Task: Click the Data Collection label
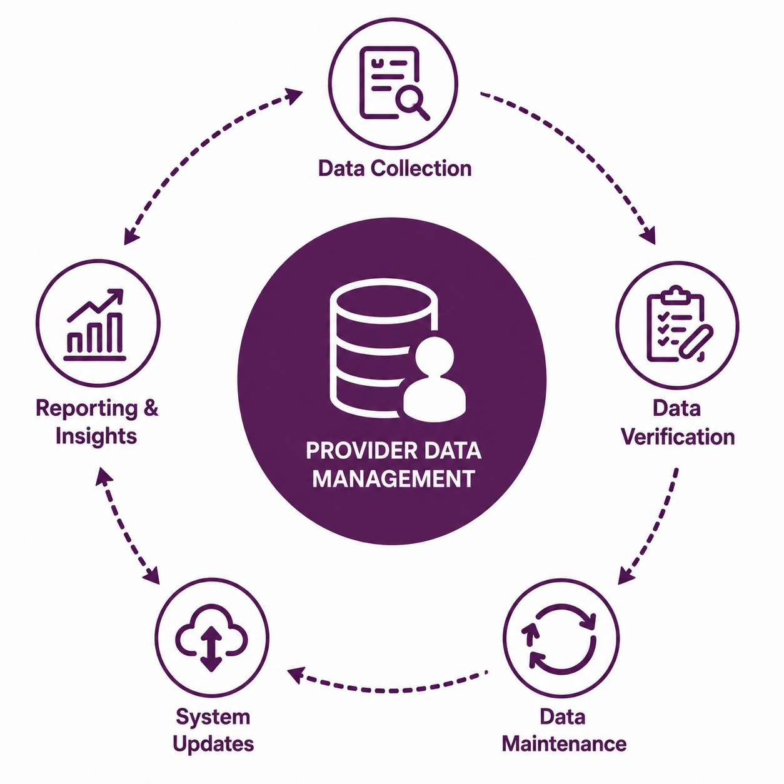(395, 168)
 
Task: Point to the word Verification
(678, 437)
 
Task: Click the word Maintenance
(564, 744)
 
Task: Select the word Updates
(213, 745)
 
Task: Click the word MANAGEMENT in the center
(393, 478)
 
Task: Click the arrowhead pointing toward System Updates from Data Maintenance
(295, 675)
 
